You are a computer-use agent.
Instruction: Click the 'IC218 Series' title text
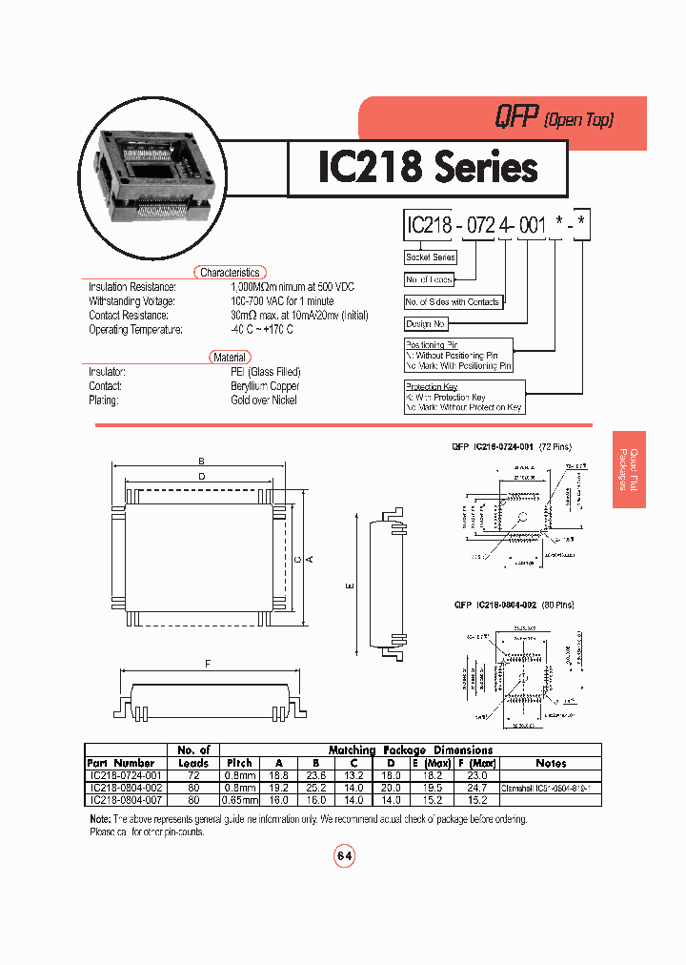427,169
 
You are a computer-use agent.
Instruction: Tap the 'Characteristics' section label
230,273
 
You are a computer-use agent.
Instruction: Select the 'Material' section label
230,358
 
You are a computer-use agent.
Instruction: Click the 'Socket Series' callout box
431,257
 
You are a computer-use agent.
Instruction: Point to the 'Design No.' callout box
426,324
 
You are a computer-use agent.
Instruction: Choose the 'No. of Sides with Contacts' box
453,302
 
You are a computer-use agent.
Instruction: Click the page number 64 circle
344,856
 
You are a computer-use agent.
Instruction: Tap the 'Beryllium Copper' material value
265,386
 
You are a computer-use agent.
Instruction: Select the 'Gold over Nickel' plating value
264,400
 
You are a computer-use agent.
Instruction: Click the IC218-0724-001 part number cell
125,776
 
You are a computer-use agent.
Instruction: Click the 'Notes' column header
551,763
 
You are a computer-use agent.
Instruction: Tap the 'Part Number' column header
121,763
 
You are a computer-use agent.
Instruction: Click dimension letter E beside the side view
350,586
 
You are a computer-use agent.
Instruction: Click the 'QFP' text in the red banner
514,118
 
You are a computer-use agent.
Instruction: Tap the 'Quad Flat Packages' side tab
630,470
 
